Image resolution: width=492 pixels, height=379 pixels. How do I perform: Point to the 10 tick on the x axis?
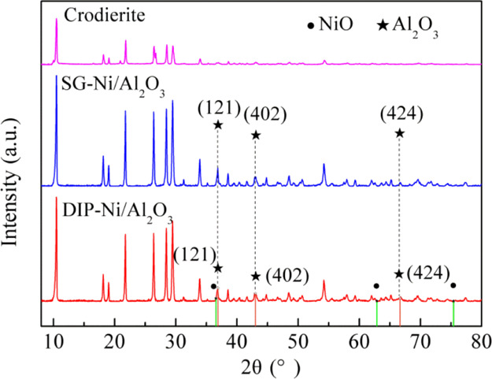[54, 340]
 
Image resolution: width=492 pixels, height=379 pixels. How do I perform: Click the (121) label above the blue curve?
[216, 106]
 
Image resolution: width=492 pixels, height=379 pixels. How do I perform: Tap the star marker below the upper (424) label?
[400, 133]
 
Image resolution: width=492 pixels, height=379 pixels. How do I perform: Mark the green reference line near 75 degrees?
[453, 313]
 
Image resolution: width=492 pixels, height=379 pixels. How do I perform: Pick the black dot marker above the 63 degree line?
[376, 286]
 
